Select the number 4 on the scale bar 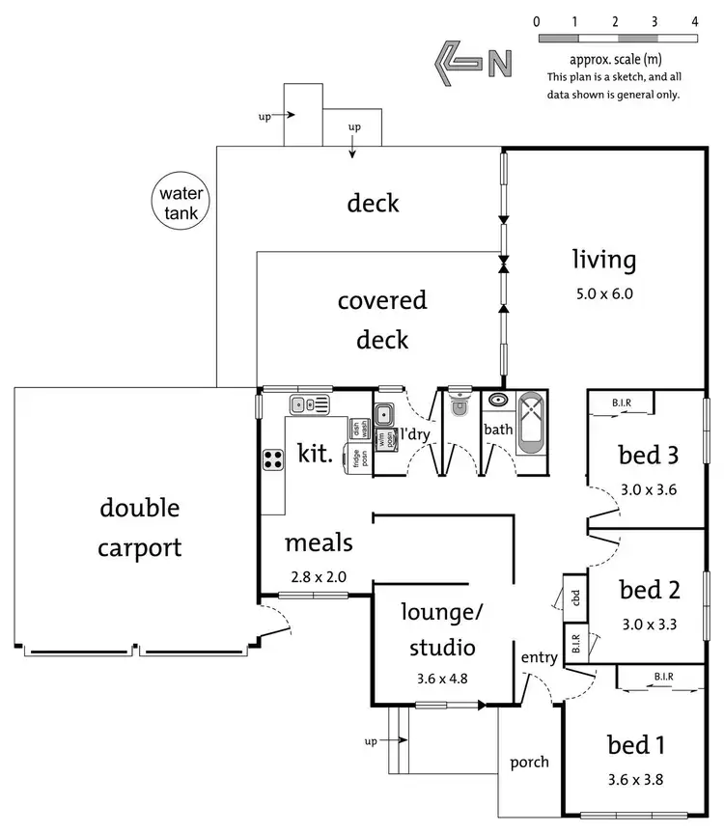695,20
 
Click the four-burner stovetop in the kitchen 273,459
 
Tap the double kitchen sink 310,404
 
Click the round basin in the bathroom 498,399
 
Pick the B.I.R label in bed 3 623,403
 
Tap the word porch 529,762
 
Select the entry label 539,657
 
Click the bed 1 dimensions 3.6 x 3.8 636,778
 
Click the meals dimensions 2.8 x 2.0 318,577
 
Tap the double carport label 139,528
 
